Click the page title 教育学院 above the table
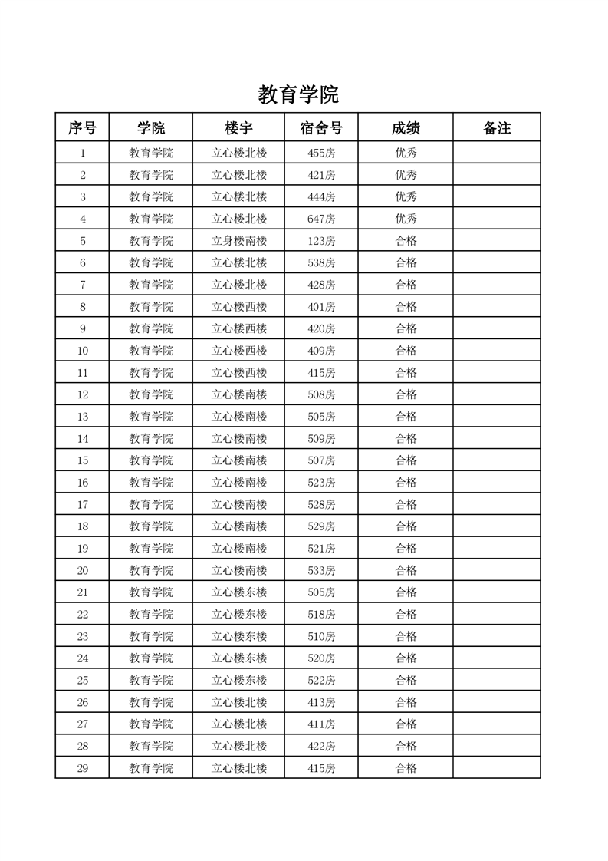pyautogui.click(x=298, y=95)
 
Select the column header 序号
pyautogui.click(x=82, y=128)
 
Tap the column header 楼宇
pyautogui.click(x=238, y=128)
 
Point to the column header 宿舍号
pyautogui.click(x=320, y=128)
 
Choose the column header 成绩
pyautogui.click(x=406, y=128)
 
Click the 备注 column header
pyautogui.click(x=497, y=128)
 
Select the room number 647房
pyautogui.click(x=321, y=219)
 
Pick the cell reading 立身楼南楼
pyautogui.click(x=239, y=241)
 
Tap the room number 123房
pyautogui.click(x=321, y=241)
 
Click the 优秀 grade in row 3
pyautogui.click(x=406, y=196)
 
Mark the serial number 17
pyautogui.click(x=83, y=505)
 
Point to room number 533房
pyautogui.click(x=321, y=570)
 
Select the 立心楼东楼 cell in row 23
pyautogui.click(x=239, y=636)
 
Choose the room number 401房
pyautogui.click(x=321, y=307)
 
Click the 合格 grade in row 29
pyautogui.click(x=406, y=768)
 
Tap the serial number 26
pyautogui.click(x=83, y=702)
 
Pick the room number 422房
pyautogui.click(x=321, y=746)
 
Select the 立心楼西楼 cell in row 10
pyautogui.click(x=239, y=351)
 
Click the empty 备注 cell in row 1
pyautogui.click(x=497, y=153)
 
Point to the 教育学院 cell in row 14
pyautogui.click(x=151, y=439)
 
